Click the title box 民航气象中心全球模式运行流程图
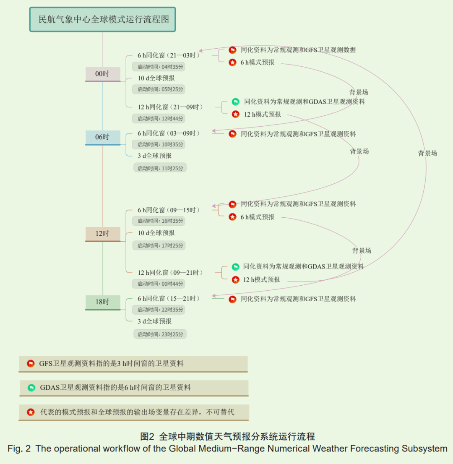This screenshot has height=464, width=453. [x=102, y=19]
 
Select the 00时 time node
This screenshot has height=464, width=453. [x=102, y=74]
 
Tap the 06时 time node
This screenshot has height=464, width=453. [x=102, y=137]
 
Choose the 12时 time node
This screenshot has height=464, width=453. [x=102, y=234]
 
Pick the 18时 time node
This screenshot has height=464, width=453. [x=102, y=302]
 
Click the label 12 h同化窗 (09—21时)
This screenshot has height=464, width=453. [x=170, y=273]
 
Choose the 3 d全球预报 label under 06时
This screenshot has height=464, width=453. [x=154, y=156]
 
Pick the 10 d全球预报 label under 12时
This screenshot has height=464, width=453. [x=156, y=233]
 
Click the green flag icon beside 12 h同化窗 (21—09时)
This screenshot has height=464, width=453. [x=236, y=102]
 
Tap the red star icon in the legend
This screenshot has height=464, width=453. [x=31, y=412]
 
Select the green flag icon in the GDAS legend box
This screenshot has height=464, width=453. [x=31, y=388]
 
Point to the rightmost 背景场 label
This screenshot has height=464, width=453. [x=427, y=154]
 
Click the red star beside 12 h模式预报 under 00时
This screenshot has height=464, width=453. [x=236, y=114]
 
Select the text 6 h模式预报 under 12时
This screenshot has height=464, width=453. [x=258, y=217]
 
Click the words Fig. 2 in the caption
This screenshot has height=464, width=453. [x=19, y=449]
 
